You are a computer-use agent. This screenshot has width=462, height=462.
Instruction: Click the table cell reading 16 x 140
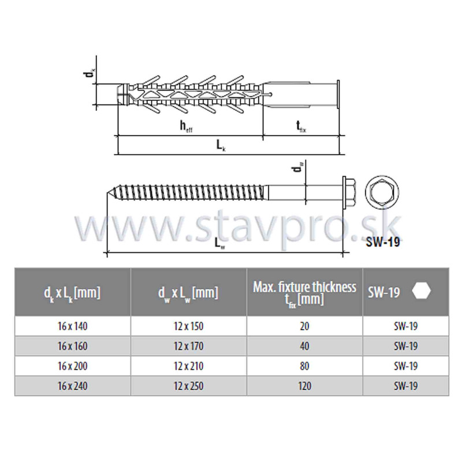pos(73,326)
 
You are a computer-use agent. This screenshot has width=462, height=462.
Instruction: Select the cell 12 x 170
pos(189,346)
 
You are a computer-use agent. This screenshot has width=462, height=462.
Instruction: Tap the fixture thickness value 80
pos(304,366)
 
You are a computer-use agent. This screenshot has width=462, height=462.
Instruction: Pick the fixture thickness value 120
pos(304,386)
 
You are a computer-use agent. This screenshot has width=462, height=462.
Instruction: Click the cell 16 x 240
pos(73,386)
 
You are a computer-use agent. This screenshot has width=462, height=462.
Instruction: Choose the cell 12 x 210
pos(189,366)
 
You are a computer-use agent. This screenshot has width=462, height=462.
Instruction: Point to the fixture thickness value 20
pos(304,326)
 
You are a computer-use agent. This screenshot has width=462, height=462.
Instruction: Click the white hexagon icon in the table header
pos(422,291)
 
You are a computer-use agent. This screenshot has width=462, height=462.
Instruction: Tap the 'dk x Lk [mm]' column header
pos(72,293)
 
